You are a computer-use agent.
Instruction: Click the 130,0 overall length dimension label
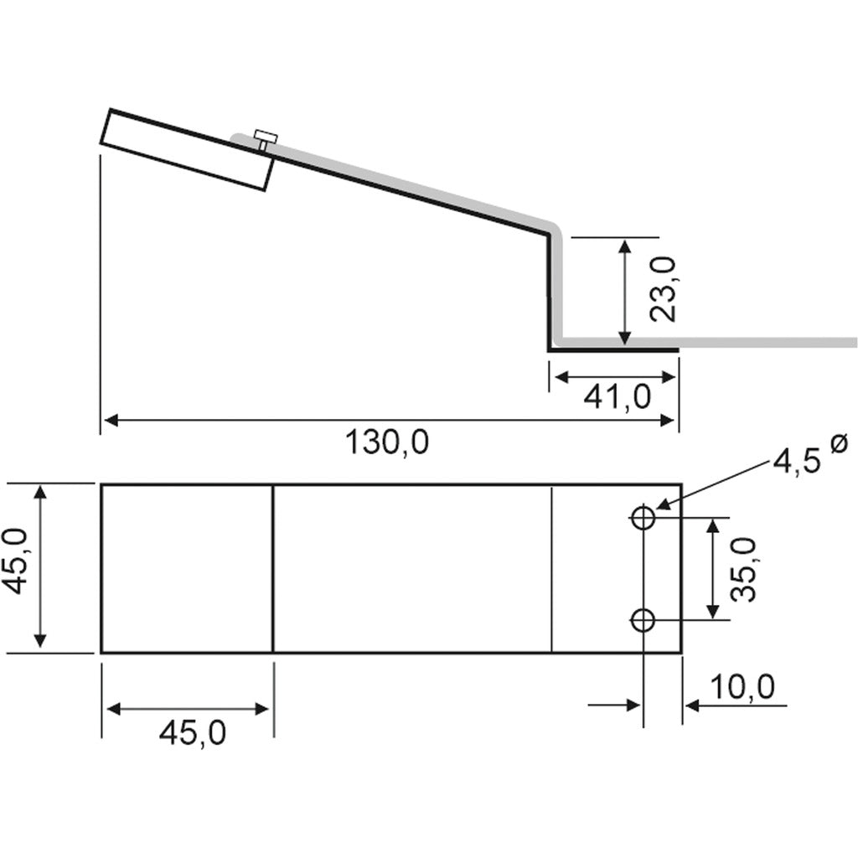tap(387, 442)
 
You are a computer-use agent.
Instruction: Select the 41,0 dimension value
tap(618, 397)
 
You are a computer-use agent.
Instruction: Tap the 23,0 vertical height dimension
tap(663, 290)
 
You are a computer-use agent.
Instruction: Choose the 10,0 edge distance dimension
tap(742, 688)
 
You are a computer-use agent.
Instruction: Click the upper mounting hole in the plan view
tap(643, 518)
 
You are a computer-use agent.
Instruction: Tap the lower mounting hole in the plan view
tap(643, 621)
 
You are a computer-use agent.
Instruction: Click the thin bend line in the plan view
tap(551, 568)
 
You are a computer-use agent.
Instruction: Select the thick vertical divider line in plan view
tap(274, 568)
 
